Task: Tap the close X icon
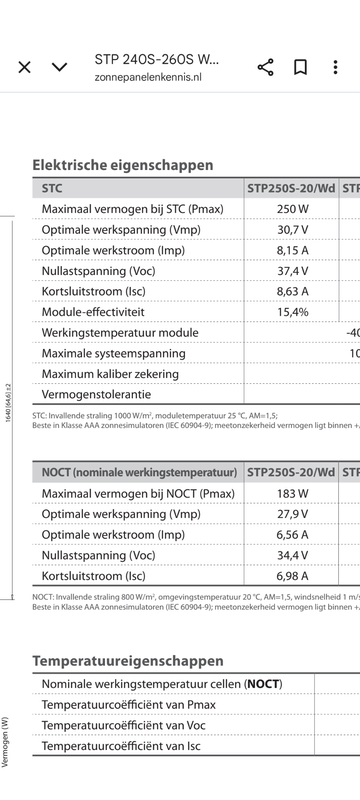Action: (x=25, y=67)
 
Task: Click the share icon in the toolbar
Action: (x=265, y=67)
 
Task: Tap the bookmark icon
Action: (x=300, y=67)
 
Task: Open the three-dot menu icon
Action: (x=335, y=67)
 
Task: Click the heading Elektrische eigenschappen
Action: (x=123, y=165)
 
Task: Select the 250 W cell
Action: (x=292, y=209)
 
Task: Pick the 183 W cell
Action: (x=292, y=493)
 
